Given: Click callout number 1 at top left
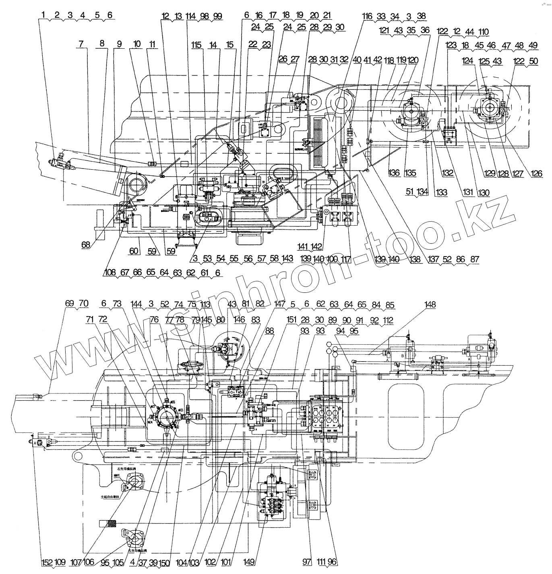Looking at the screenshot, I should click(43, 15).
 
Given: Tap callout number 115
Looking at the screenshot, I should click(196, 45).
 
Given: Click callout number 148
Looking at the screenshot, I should click(430, 305).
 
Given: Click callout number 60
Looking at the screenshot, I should click(133, 251).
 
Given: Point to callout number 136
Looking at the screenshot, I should click(394, 173).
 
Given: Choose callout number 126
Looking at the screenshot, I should click(537, 174).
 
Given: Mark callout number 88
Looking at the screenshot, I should click(269, 329).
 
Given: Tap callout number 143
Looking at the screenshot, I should click(287, 258).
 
